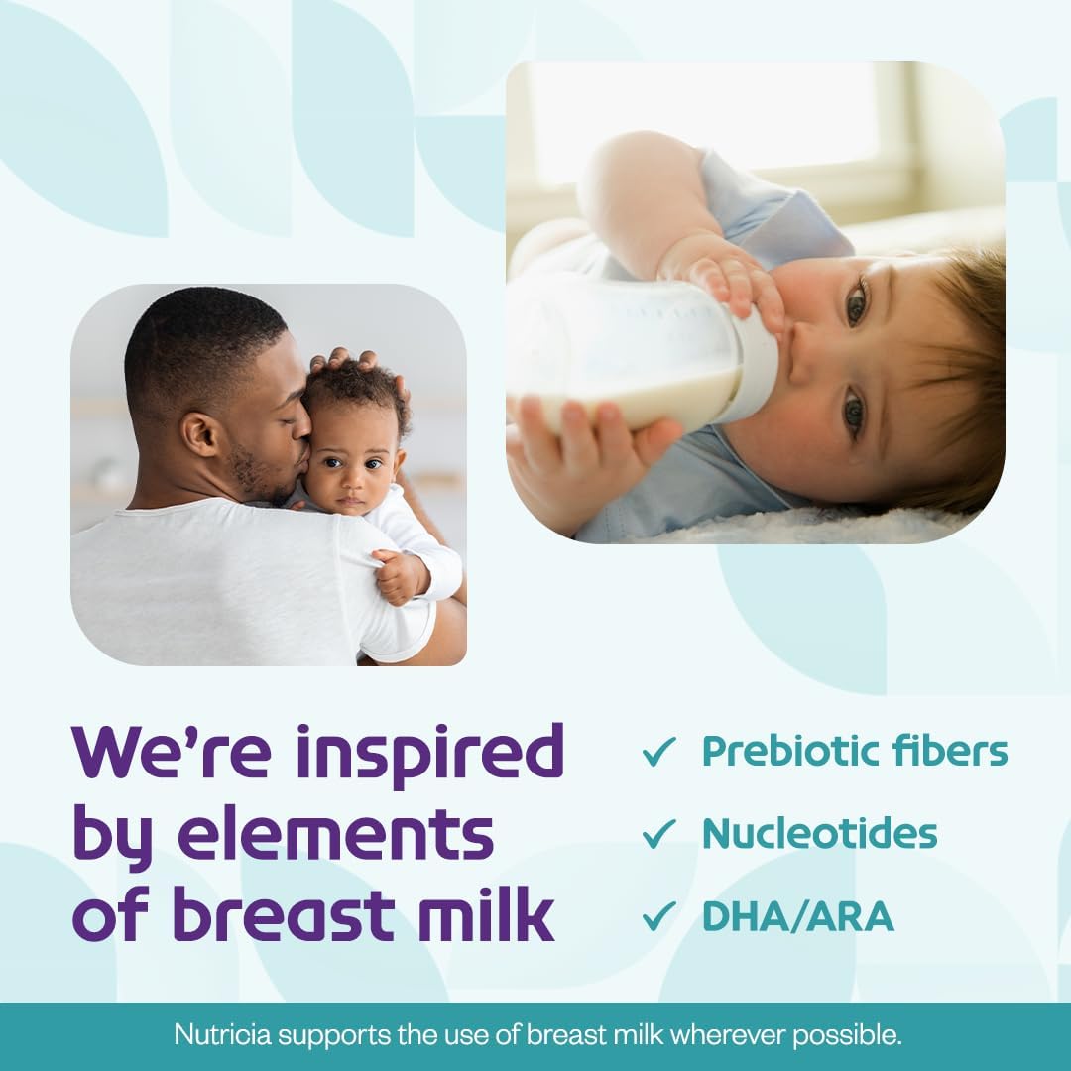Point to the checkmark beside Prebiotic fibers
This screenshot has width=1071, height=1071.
click(658, 753)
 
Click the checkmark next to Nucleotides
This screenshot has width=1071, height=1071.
click(658, 834)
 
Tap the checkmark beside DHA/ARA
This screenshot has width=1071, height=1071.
click(658, 916)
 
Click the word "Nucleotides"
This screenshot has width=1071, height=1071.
click(819, 834)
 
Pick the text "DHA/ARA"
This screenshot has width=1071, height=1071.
click(797, 916)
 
